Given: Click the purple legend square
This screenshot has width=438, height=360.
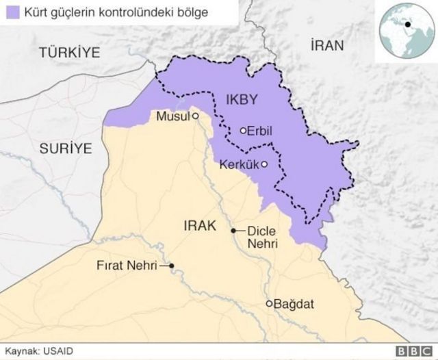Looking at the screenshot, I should pyautogui.click(x=11, y=12).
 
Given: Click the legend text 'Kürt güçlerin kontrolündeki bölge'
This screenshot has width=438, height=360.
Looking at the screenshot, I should pyautogui.click(x=112, y=12).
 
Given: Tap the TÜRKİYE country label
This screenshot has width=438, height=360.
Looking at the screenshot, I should pyautogui.click(x=70, y=52).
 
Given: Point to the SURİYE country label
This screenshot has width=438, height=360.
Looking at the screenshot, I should pyautogui.click(x=65, y=148).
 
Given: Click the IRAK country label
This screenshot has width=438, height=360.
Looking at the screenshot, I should pyautogui.click(x=200, y=224).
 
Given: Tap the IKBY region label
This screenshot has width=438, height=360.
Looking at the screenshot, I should pyautogui.click(x=241, y=100).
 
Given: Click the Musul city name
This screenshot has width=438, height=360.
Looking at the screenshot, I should pyautogui.click(x=172, y=116).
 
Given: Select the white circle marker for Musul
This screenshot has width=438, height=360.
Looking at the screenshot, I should pyautogui.click(x=195, y=116).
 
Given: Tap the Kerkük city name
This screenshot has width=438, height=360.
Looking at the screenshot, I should pyautogui.click(x=240, y=164).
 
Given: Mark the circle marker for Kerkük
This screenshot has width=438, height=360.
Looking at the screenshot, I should pyautogui.click(x=264, y=164).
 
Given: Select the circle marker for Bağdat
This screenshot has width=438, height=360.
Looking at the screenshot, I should pyautogui.click(x=270, y=303).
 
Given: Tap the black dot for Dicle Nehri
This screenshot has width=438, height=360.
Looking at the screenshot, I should pyautogui.click(x=233, y=231).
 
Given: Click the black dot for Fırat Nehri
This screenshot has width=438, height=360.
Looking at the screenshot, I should pyautogui.click(x=172, y=266).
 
